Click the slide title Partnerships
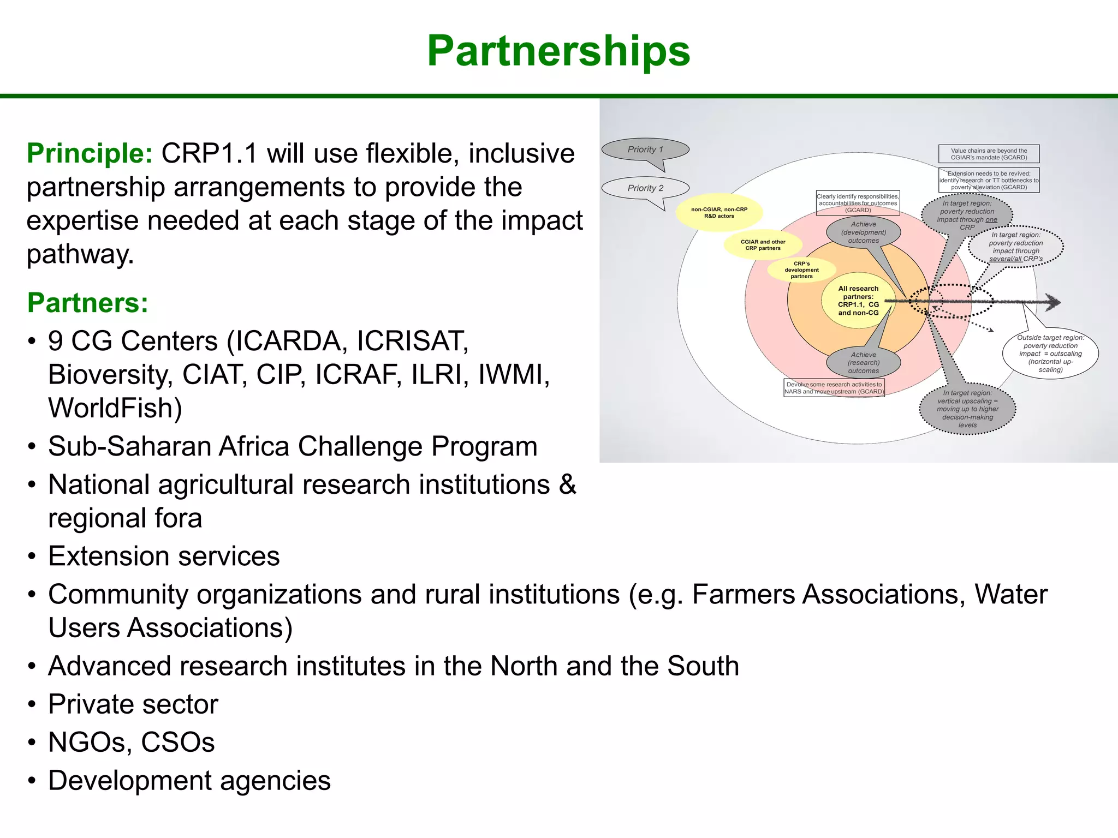point(558,51)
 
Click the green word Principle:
point(90,153)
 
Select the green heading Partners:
point(87,303)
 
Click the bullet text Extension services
point(164,556)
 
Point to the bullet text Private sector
point(133,704)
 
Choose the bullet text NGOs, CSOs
point(131,743)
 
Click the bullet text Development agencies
point(189,781)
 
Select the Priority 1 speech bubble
point(645,149)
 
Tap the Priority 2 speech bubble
point(645,188)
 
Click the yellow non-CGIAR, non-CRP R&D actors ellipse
point(719,213)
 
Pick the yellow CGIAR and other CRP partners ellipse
point(763,245)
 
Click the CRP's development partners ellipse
point(801,270)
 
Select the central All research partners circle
point(858,301)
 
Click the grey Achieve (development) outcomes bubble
point(863,232)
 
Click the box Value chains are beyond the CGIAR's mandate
point(989,154)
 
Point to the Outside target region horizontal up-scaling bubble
point(1050,354)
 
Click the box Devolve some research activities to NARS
point(834,388)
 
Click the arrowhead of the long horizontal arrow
point(1053,301)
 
